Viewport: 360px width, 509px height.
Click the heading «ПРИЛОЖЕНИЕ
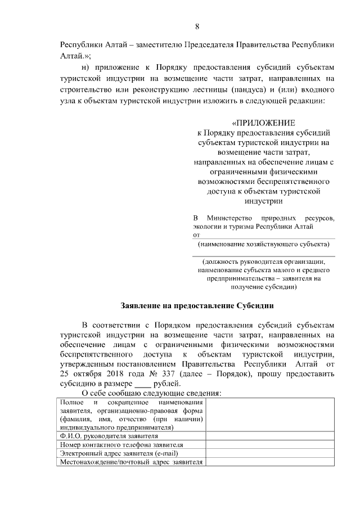[x=263, y=123]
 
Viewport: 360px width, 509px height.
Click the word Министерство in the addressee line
[x=231, y=218]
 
